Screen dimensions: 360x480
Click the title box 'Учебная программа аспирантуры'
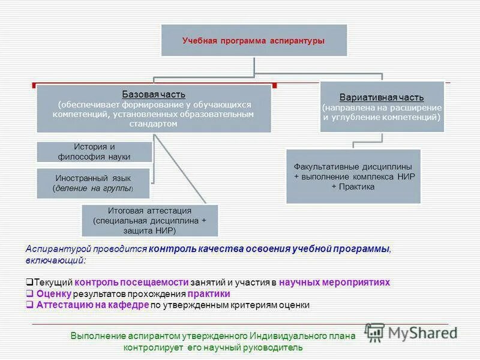253,40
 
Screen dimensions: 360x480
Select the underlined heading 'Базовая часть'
154,94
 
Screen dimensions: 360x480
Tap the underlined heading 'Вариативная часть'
382,97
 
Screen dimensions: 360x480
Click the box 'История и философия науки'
94,152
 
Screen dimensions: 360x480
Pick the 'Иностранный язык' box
93,183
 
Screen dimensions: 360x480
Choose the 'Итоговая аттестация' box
149,220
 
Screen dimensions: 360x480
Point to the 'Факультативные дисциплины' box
353,176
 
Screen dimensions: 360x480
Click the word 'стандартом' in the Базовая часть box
154,124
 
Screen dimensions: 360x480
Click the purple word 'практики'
209,294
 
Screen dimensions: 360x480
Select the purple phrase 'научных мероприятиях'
340,282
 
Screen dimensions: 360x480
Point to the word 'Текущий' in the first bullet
53,282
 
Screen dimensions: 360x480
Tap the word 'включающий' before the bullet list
55,260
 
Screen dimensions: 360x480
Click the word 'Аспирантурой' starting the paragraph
55,249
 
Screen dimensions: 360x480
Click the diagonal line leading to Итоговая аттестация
180,169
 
